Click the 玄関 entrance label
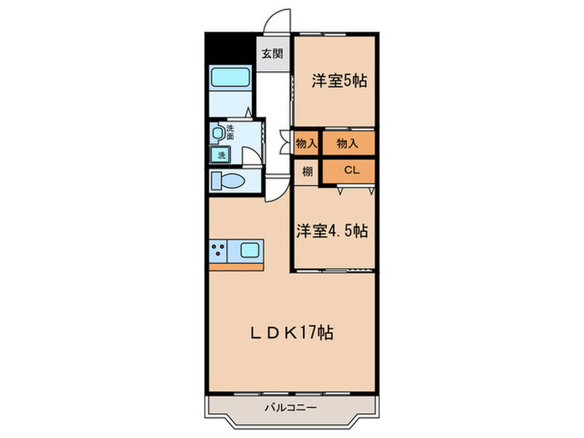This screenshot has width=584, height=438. pyautogui.click(x=270, y=54)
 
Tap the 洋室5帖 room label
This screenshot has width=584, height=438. pyautogui.click(x=339, y=81)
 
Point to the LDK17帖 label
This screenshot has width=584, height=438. pyautogui.click(x=293, y=333)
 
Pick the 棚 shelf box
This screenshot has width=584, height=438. pyautogui.click(x=306, y=171)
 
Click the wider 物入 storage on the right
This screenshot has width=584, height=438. pyautogui.click(x=348, y=143)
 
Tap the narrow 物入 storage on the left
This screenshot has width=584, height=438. pyautogui.click(x=306, y=143)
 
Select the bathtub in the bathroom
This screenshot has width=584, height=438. pyautogui.click(x=231, y=79)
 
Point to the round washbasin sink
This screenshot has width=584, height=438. pyautogui.click(x=218, y=133)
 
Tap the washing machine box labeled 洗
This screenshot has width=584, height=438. pyautogui.click(x=221, y=155)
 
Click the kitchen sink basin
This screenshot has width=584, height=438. pyautogui.click(x=249, y=248)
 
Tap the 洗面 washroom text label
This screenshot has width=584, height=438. pyautogui.click(x=230, y=131)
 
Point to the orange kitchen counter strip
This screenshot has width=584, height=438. pyautogui.click(x=236, y=266)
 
